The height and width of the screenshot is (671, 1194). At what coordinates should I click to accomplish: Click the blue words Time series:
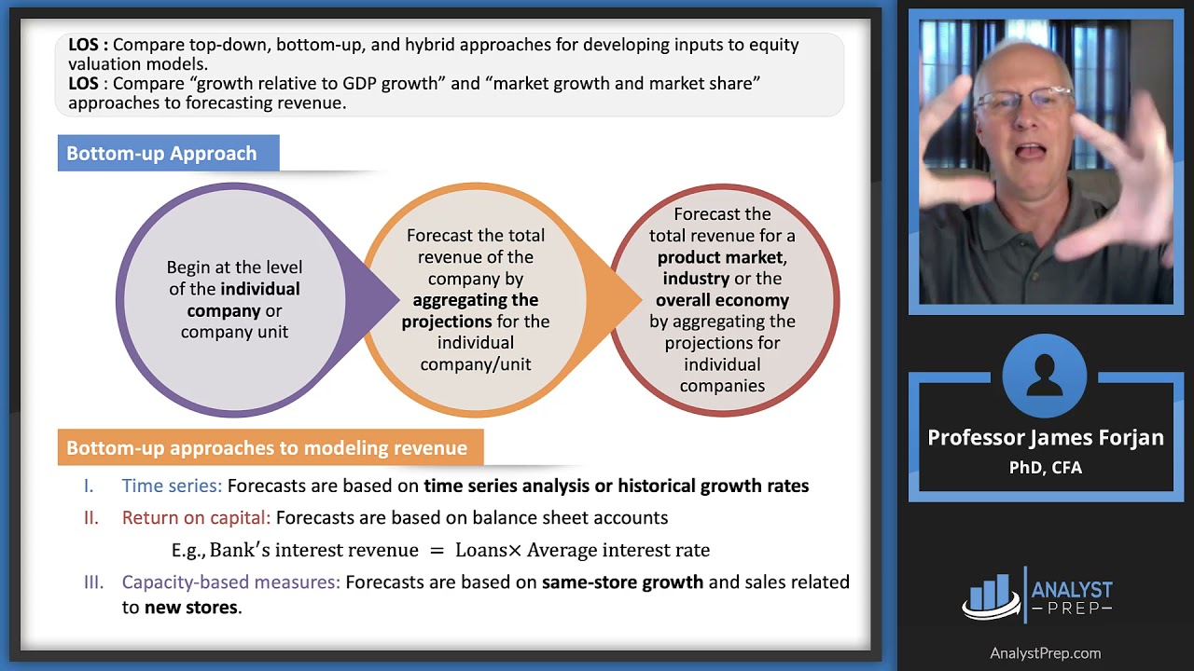[x=172, y=486]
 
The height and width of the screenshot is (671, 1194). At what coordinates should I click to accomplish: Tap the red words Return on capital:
[x=196, y=517]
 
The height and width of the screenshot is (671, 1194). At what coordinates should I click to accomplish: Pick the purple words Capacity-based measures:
[x=230, y=582]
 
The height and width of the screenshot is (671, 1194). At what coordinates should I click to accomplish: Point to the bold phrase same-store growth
[x=622, y=582]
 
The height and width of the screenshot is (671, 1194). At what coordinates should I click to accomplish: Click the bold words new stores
[x=191, y=608]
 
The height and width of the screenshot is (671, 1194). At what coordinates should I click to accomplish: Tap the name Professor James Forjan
[x=1045, y=438]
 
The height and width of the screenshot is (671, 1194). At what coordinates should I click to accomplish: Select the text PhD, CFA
[x=1045, y=467]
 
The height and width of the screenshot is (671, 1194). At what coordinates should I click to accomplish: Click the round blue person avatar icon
[x=1045, y=377]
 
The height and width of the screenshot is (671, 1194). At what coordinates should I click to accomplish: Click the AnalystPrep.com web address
[x=1045, y=653]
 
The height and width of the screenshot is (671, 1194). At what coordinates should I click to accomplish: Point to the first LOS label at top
[x=87, y=45]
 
